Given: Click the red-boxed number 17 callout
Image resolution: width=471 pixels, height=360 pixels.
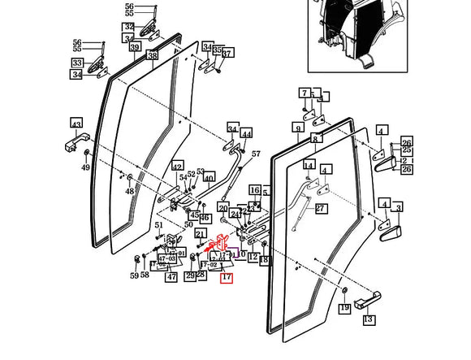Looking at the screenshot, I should [x=227, y=278].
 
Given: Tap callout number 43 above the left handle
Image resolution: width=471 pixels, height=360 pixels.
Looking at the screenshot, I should [x=76, y=124].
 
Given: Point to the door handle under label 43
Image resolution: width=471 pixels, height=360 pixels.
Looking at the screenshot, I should [x=76, y=146].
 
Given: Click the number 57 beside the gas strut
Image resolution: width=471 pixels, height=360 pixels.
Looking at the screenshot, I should [x=256, y=154].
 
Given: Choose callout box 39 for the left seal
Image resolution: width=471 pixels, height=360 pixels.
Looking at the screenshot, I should [x=134, y=48].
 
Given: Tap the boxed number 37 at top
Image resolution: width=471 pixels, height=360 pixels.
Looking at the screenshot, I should [x=227, y=54].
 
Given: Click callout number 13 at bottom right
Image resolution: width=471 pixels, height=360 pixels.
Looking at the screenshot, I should [x=369, y=319].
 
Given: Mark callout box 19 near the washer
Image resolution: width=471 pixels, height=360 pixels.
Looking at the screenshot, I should [x=344, y=307].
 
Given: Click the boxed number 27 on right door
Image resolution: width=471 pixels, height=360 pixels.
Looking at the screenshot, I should [x=320, y=208].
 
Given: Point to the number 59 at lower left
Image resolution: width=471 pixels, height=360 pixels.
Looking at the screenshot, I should [x=134, y=275].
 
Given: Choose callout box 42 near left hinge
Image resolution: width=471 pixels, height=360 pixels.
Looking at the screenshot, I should [x=177, y=167].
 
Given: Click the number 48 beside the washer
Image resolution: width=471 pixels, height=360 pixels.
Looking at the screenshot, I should [x=129, y=192].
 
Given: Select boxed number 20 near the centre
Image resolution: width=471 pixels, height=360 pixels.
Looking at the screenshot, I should [x=223, y=209].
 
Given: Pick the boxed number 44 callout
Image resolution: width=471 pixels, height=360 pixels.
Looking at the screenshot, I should [x=247, y=133].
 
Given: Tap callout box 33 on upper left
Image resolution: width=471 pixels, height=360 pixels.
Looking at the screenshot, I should [x=77, y=63].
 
